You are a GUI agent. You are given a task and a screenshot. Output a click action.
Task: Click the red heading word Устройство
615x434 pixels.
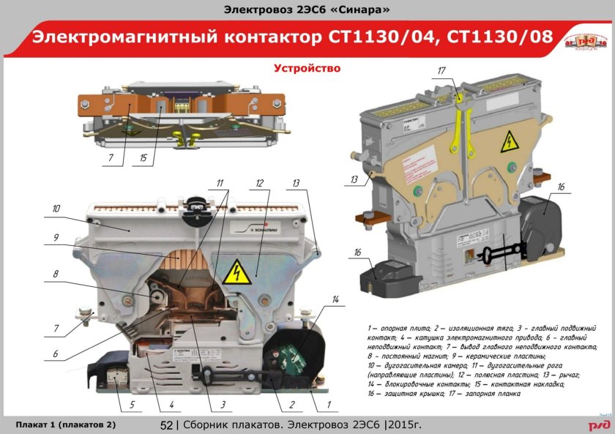tap(307, 68)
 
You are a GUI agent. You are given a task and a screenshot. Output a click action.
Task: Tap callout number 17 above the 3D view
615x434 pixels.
tap(441, 70)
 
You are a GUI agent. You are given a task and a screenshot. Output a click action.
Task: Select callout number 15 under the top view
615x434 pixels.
tap(144, 157)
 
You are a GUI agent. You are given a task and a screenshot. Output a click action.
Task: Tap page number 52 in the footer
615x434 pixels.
tap(165, 425)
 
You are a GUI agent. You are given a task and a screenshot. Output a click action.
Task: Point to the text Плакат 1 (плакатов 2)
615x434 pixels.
tap(65, 424)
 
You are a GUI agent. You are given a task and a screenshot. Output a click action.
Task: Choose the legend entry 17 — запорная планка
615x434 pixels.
tap(484, 393)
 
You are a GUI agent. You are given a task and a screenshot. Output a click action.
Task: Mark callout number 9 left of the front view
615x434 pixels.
tap(55, 237)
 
